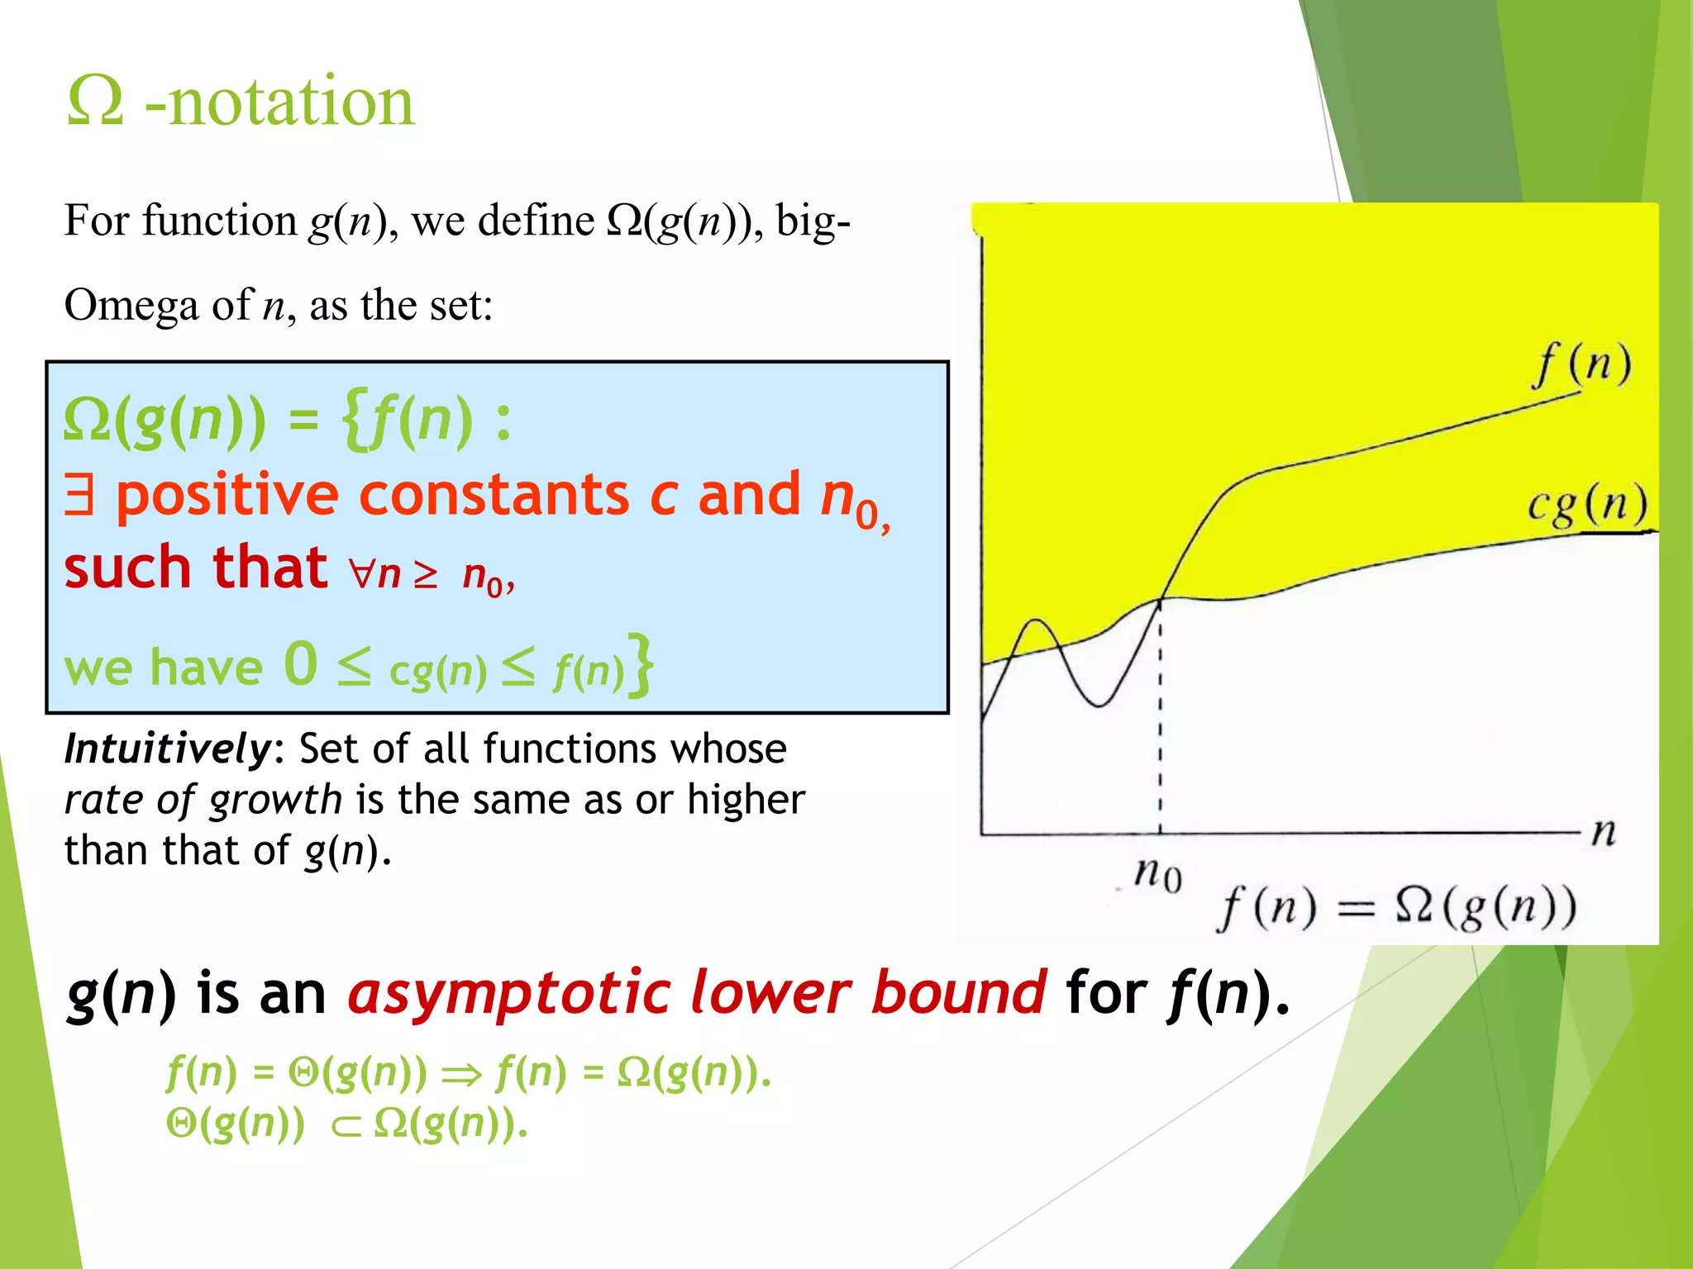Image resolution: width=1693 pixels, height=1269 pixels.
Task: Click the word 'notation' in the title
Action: point(291,102)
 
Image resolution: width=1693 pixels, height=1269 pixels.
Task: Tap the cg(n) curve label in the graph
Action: point(1587,506)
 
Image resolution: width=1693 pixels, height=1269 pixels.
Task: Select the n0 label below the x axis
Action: point(1158,874)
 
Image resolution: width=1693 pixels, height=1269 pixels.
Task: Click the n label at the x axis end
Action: point(1604,833)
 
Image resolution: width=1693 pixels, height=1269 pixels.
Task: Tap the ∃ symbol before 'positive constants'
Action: point(80,496)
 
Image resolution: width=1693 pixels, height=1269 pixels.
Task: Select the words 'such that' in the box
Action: point(196,568)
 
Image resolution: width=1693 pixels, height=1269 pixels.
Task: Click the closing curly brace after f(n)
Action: point(641,666)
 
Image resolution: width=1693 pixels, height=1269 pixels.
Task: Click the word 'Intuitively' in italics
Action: point(166,749)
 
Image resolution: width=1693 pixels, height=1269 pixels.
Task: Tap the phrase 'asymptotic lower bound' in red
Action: point(697,993)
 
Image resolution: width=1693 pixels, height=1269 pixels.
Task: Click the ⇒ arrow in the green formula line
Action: point(461,1074)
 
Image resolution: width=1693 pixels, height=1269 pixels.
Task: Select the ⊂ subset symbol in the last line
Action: point(346,1126)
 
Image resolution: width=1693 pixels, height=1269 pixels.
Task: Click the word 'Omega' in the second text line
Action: point(131,306)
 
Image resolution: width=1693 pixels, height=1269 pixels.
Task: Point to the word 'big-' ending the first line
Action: point(813,221)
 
